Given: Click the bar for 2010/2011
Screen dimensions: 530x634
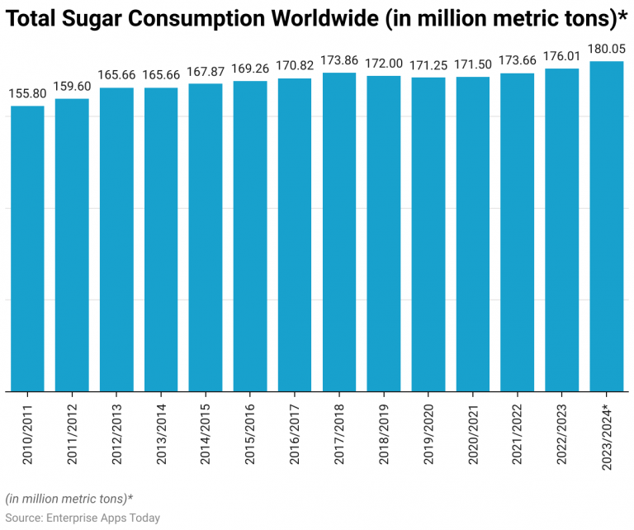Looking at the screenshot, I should click(x=27, y=248).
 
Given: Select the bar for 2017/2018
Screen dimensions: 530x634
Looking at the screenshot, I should click(x=339, y=231).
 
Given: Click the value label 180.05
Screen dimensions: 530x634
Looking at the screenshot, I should click(x=606, y=49).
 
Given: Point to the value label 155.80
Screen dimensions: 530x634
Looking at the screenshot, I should click(x=27, y=93).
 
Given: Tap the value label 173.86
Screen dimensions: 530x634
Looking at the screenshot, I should click(x=339, y=60).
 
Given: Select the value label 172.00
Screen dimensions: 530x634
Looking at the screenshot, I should click(x=384, y=64).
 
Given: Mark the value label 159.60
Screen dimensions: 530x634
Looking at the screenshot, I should click(x=72, y=86).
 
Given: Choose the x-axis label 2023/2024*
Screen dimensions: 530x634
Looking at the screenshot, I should click(x=607, y=438).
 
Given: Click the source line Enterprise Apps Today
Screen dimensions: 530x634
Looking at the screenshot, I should click(x=83, y=518).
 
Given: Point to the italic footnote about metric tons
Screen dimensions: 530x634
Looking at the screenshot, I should click(x=69, y=499).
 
